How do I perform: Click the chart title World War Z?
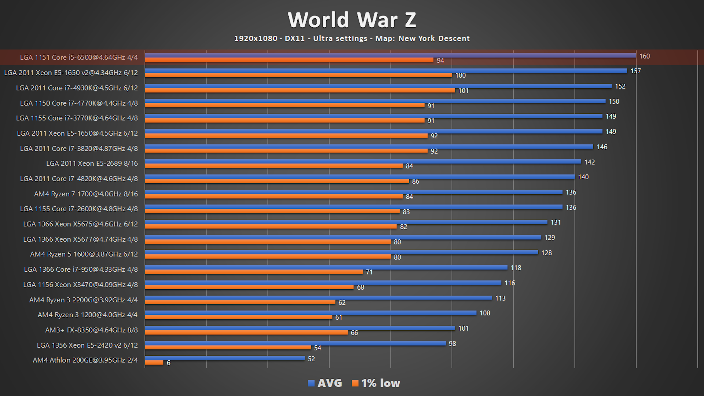[x=352, y=20]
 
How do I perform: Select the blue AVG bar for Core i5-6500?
[x=390, y=55]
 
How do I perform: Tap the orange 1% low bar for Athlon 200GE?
[x=154, y=363]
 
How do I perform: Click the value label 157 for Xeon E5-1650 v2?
[x=635, y=71]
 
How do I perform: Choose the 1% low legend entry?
[x=376, y=383]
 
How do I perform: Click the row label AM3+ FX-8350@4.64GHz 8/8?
[x=91, y=330]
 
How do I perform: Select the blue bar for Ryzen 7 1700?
[x=353, y=192]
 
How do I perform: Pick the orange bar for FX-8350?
[x=246, y=333]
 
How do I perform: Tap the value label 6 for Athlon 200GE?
[x=168, y=363]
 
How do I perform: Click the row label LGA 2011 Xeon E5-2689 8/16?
[x=92, y=164]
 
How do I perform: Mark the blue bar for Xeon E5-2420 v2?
[x=295, y=343]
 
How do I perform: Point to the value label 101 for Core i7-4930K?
[x=463, y=91]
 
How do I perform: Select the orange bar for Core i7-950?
[x=254, y=272]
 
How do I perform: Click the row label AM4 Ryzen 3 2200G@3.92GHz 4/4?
[x=84, y=300]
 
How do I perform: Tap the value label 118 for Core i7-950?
[x=516, y=268]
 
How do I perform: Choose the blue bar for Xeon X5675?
[x=346, y=222]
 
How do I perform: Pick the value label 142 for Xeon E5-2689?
[x=589, y=162]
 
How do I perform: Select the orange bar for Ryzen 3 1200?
[x=238, y=317]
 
